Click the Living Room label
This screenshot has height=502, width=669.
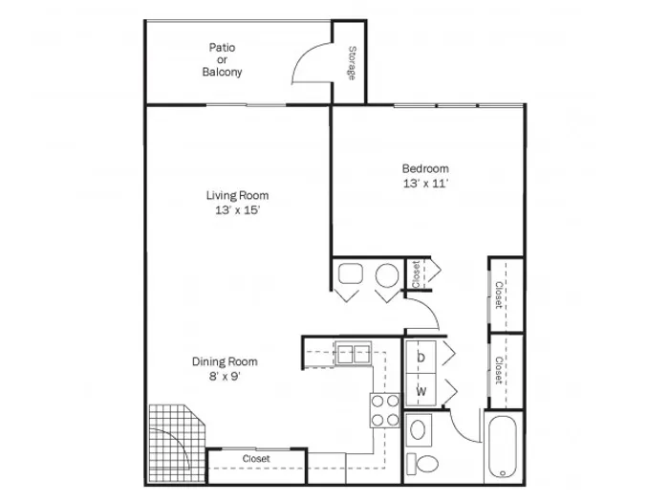click(x=237, y=195)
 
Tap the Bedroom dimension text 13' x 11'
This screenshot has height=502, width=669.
click(x=425, y=184)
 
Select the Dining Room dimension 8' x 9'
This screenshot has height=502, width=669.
click(x=225, y=377)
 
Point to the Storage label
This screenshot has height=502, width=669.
click(x=352, y=63)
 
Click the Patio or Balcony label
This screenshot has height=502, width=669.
click(x=222, y=59)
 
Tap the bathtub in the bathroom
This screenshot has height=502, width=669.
click(x=503, y=447)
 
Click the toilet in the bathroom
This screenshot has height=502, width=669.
click(x=422, y=464)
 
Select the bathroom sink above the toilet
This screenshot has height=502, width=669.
click(x=418, y=429)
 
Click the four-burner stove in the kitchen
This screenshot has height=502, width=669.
click(x=385, y=410)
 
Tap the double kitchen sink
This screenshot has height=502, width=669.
click(x=354, y=353)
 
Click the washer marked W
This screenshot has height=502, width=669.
click(x=421, y=390)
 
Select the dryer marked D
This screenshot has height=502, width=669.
click(x=421, y=358)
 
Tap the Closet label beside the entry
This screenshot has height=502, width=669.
click(x=256, y=459)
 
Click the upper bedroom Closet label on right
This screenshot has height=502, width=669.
click(x=498, y=295)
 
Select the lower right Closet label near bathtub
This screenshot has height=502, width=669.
click(x=498, y=371)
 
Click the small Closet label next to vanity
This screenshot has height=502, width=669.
click(x=417, y=274)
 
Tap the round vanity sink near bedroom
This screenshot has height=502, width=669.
click(x=387, y=275)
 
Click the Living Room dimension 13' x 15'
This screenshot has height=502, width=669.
click(x=238, y=210)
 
